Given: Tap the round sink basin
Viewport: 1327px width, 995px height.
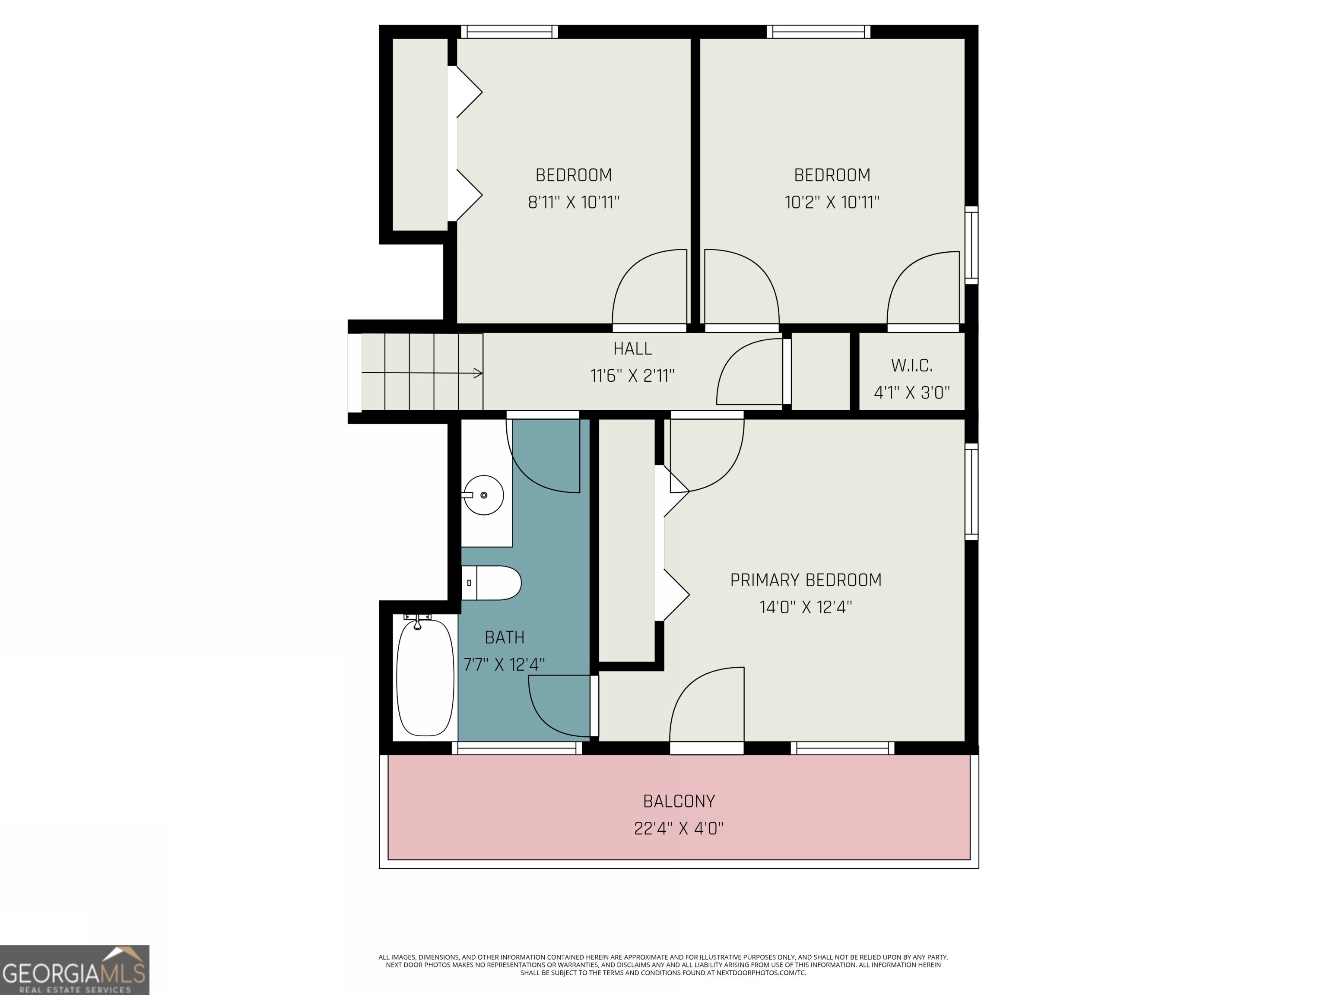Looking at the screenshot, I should click(x=483, y=495).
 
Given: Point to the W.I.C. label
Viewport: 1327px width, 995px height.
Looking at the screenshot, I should click(x=911, y=365).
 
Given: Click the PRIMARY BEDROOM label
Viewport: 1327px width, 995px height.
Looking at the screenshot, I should click(x=805, y=580).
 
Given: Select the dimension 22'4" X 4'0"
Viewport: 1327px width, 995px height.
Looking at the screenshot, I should click(x=679, y=828).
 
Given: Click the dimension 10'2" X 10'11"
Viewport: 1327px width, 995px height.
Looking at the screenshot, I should click(x=832, y=202).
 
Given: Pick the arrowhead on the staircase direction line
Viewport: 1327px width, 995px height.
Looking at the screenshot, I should click(x=478, y=374).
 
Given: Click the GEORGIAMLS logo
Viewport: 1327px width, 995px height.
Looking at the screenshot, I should click(x=74, y=970).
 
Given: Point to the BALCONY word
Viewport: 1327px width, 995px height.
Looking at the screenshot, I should click(x=679, y=801).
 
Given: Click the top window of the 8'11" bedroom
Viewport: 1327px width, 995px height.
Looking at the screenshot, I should click(x=509, y=32).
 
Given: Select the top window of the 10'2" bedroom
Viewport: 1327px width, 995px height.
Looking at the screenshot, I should click(x=818, y=32).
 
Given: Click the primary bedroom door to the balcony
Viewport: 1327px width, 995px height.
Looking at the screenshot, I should click(x=707, y=708).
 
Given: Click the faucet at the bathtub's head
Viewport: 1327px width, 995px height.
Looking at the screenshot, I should click(x=418, y=620).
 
